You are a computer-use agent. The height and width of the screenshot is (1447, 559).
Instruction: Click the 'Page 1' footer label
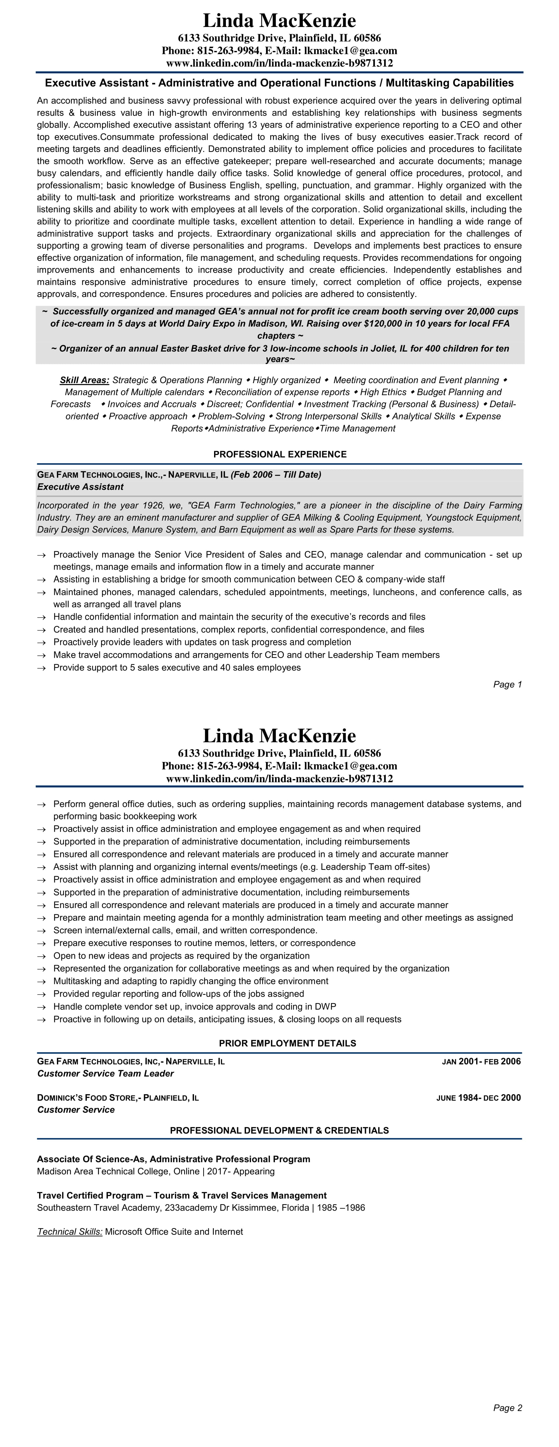[507, 684]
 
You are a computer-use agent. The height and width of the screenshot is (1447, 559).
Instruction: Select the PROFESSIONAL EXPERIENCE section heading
[280, 454]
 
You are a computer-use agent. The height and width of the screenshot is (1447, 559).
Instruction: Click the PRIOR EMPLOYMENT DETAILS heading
[287, 1043]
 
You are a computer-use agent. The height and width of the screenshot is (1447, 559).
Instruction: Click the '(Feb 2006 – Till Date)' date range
[276, 475]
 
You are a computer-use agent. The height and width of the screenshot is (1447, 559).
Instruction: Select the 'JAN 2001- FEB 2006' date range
[481, 1061]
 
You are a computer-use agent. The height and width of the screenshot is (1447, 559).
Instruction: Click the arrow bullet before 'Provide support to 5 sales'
[41, 668]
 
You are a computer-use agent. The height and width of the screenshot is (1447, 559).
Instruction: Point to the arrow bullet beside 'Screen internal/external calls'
[41, 931]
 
